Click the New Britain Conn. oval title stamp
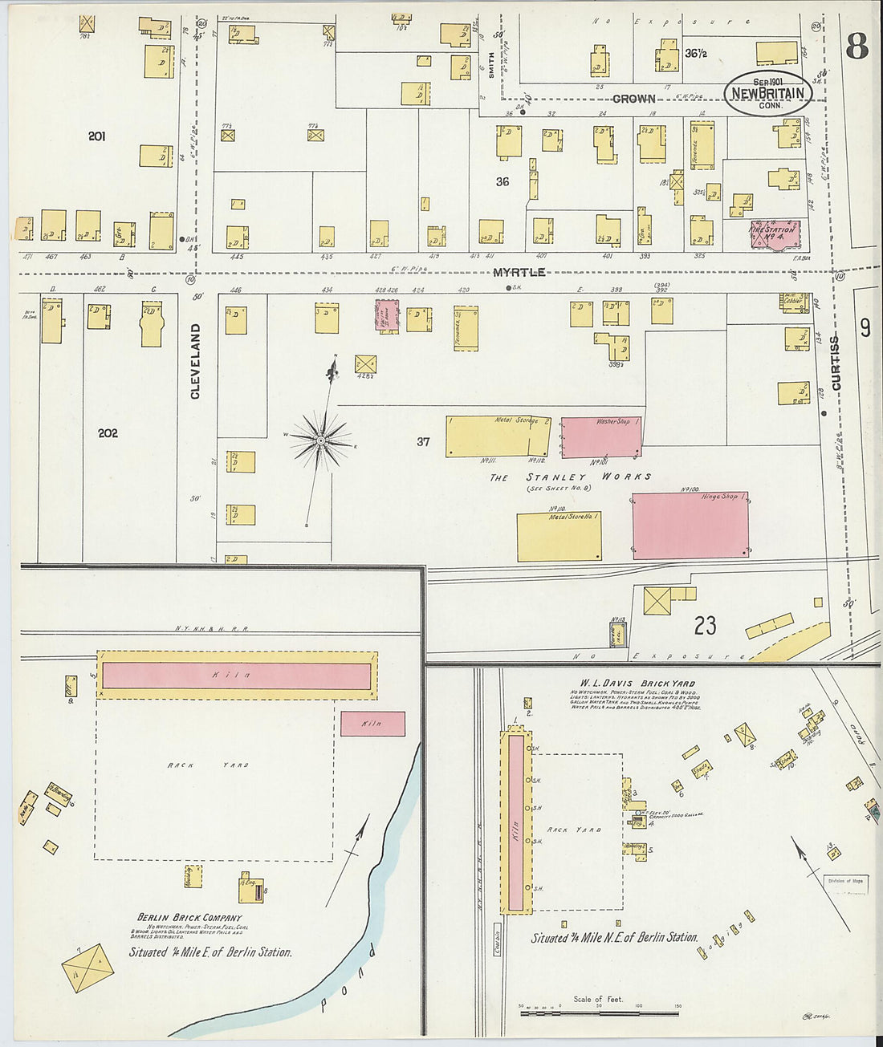coord(767,93)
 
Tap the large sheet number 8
coord(857,48)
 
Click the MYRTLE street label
coord(519,273)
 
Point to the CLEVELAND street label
coord(195,361)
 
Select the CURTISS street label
coord(836,363)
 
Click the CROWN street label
coord(633,99)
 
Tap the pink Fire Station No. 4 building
coord(773,235)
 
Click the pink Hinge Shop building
coord(690,526)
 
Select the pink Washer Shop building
coord(600,436)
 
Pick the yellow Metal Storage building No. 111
coord(498,436)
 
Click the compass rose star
coord(321,440)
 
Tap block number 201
coord(96,136)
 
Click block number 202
coord(108,433)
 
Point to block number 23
coord(705,626)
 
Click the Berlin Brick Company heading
coord(189,918)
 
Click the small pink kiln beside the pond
coord(372,724)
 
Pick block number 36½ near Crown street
coord(695,54)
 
